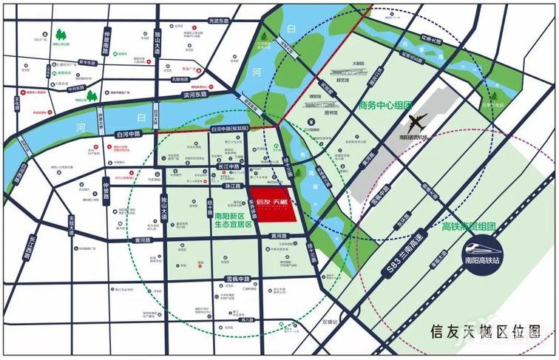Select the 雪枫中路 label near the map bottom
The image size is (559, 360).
pos(237,279)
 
